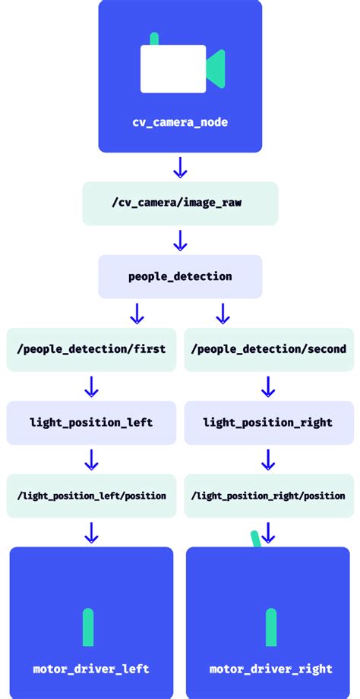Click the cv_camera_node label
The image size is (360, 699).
[180, 122]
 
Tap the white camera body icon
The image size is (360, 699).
[173, 69]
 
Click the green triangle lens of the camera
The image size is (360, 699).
[216, 68]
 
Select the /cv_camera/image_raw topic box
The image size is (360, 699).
[180, 203]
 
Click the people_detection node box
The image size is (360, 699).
[180, 276]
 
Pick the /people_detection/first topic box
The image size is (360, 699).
[91, 349]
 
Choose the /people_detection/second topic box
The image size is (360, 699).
[268, 349]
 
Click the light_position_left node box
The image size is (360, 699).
[91, 422]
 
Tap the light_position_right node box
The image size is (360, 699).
[268, 422]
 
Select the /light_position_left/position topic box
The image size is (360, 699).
[91, 496]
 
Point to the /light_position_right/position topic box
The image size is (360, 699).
[268, 496]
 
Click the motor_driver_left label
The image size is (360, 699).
[91, 669]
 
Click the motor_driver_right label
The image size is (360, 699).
[271, 669]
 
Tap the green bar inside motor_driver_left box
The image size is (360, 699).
[88, 627]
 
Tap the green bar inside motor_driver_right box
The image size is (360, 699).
[271, 627]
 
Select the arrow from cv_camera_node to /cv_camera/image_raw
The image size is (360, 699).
[180, 167]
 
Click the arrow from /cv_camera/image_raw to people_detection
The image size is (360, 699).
[180, 241]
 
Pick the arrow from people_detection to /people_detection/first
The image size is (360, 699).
[137, 313]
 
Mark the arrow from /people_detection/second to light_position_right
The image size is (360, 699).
[267, 386]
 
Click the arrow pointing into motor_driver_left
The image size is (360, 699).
[91, 532]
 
